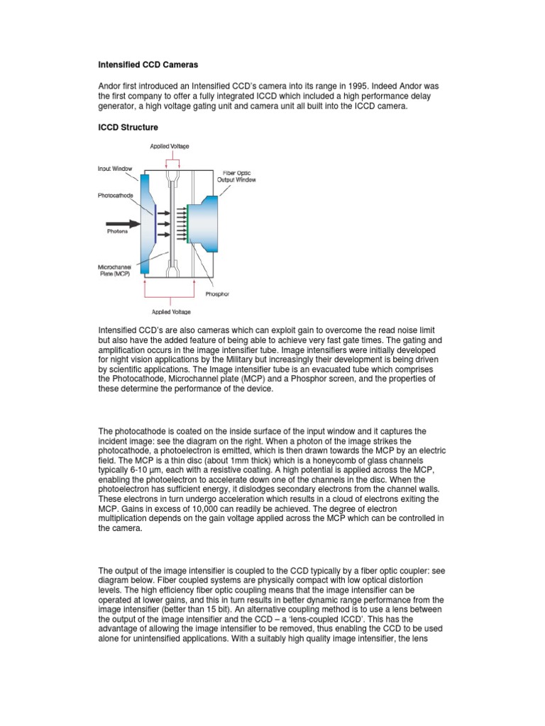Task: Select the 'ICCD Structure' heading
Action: click(x=128, y=127)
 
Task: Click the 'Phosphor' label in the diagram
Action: click(x=216, y=294)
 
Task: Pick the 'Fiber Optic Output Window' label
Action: click(x=237, y=177)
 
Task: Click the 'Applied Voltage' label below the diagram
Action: click(x=170, y=311)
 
